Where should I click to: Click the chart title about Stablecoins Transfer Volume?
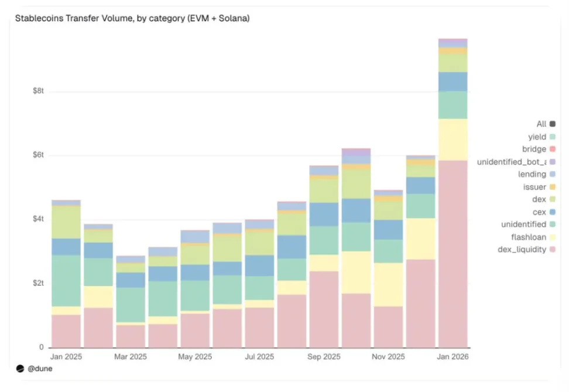[x=132, y=19]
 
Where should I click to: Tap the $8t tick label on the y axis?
[x=37, y=91]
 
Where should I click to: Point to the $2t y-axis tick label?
[x=37, y=284]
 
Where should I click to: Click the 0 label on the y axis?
[x=42, y=347]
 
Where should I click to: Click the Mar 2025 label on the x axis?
[x=130, y=356]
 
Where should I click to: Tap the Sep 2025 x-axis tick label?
[x=324, y=356]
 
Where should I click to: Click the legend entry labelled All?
[x=541, y=124]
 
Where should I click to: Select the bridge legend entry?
[x=534, y=149]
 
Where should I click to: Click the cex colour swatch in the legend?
[x=553, y=212]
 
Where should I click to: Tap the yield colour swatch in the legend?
[x=553, y=137]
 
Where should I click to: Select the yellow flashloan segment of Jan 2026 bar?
[x=453, y=139]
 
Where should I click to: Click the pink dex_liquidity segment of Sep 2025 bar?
[x=324, y=309]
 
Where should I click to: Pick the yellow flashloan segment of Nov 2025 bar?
[x=388, y=284]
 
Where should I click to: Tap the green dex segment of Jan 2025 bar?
[x=66, y=222]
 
